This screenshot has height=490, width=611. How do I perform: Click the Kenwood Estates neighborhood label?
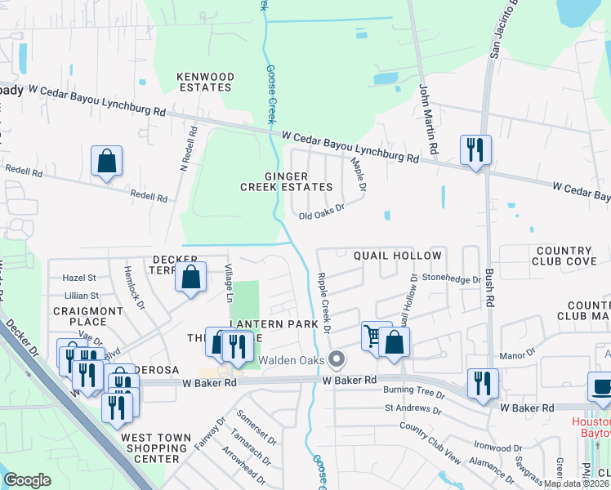[206, 82]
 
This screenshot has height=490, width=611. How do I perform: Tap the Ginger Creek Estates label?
[274, 181]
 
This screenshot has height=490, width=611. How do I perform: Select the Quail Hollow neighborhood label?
[386, 255]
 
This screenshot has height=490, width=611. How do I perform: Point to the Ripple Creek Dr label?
[324, 303]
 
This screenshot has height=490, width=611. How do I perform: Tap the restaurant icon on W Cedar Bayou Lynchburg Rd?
[475, 150]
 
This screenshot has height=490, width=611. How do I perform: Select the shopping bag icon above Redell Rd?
[107, 161]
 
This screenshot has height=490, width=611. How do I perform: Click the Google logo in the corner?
[27, 480]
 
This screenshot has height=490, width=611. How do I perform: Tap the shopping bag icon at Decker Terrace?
[190, 277]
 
